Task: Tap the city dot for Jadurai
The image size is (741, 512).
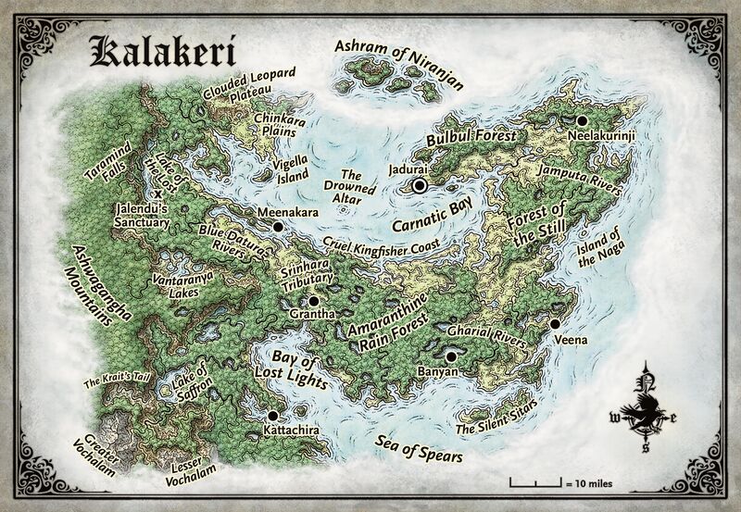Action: (420, 186)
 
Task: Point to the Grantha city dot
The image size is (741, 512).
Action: (313, 301)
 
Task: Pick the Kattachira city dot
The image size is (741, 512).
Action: (273, 416)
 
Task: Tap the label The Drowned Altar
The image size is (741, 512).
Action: (357, 186)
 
